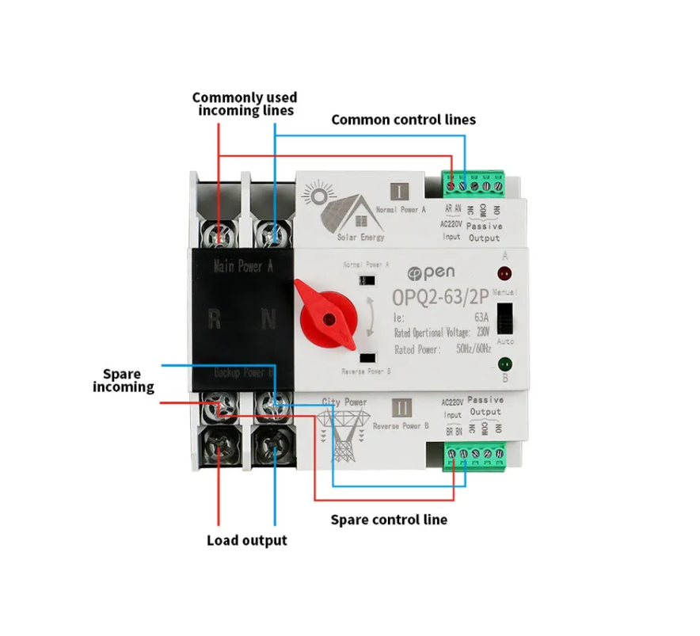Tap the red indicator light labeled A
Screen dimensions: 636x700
503,276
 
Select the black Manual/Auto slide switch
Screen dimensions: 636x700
505,318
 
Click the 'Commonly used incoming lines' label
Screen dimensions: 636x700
245,104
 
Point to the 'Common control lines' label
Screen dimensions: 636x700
403,120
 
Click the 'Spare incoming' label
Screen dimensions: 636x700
123,380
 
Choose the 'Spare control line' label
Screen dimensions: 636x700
388,520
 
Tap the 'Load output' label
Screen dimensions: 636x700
246,540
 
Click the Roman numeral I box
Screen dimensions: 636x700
401,191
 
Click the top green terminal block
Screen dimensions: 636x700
473,185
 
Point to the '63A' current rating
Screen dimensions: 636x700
481,318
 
